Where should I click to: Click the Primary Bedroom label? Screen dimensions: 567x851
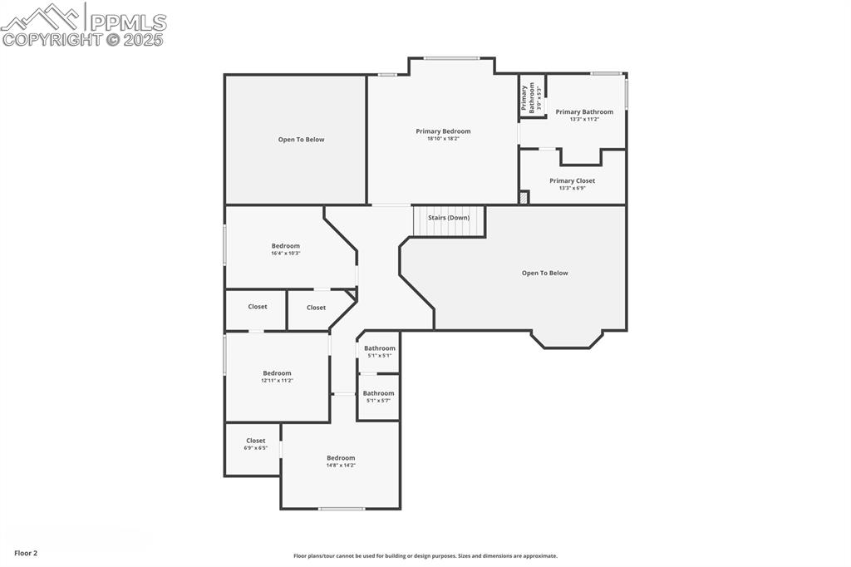click(x=443, y=131)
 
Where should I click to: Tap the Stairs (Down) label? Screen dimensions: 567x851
click(x=449, y=218)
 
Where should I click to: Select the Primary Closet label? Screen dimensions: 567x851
click(x=572, y=180)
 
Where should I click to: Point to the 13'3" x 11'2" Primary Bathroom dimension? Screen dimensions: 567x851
click(x=584, y=119)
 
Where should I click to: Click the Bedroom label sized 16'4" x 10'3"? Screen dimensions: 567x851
click(x=285, y=246)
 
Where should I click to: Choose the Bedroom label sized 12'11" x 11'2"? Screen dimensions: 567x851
click(x=277, y=373)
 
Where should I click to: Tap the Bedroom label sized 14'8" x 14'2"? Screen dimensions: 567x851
click(x=341, y=458)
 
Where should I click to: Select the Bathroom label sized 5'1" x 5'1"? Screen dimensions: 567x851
click(x=379, y=348)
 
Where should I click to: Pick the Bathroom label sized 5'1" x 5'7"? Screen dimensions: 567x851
click(x=378, y=393)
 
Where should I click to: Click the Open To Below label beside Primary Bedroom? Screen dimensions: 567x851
click(x=301, y=140)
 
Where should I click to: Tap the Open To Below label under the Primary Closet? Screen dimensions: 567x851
click(x=544, y=273)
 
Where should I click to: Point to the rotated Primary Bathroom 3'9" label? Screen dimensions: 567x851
click(x=532, y=97)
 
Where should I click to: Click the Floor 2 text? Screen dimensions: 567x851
click(x=26, y=553)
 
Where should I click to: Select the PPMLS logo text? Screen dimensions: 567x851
click(x=128, y=22)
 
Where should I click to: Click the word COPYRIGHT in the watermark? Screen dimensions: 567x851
click(x=52, y=40)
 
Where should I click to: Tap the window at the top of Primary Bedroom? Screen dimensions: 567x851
click(x=451, y=57)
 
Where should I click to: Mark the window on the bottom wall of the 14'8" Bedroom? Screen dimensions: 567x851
click(x=342, y=509)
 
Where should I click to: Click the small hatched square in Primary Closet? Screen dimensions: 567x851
click(x=524, y=198)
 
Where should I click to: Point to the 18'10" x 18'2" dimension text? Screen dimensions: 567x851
click(x=443, y=139)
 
